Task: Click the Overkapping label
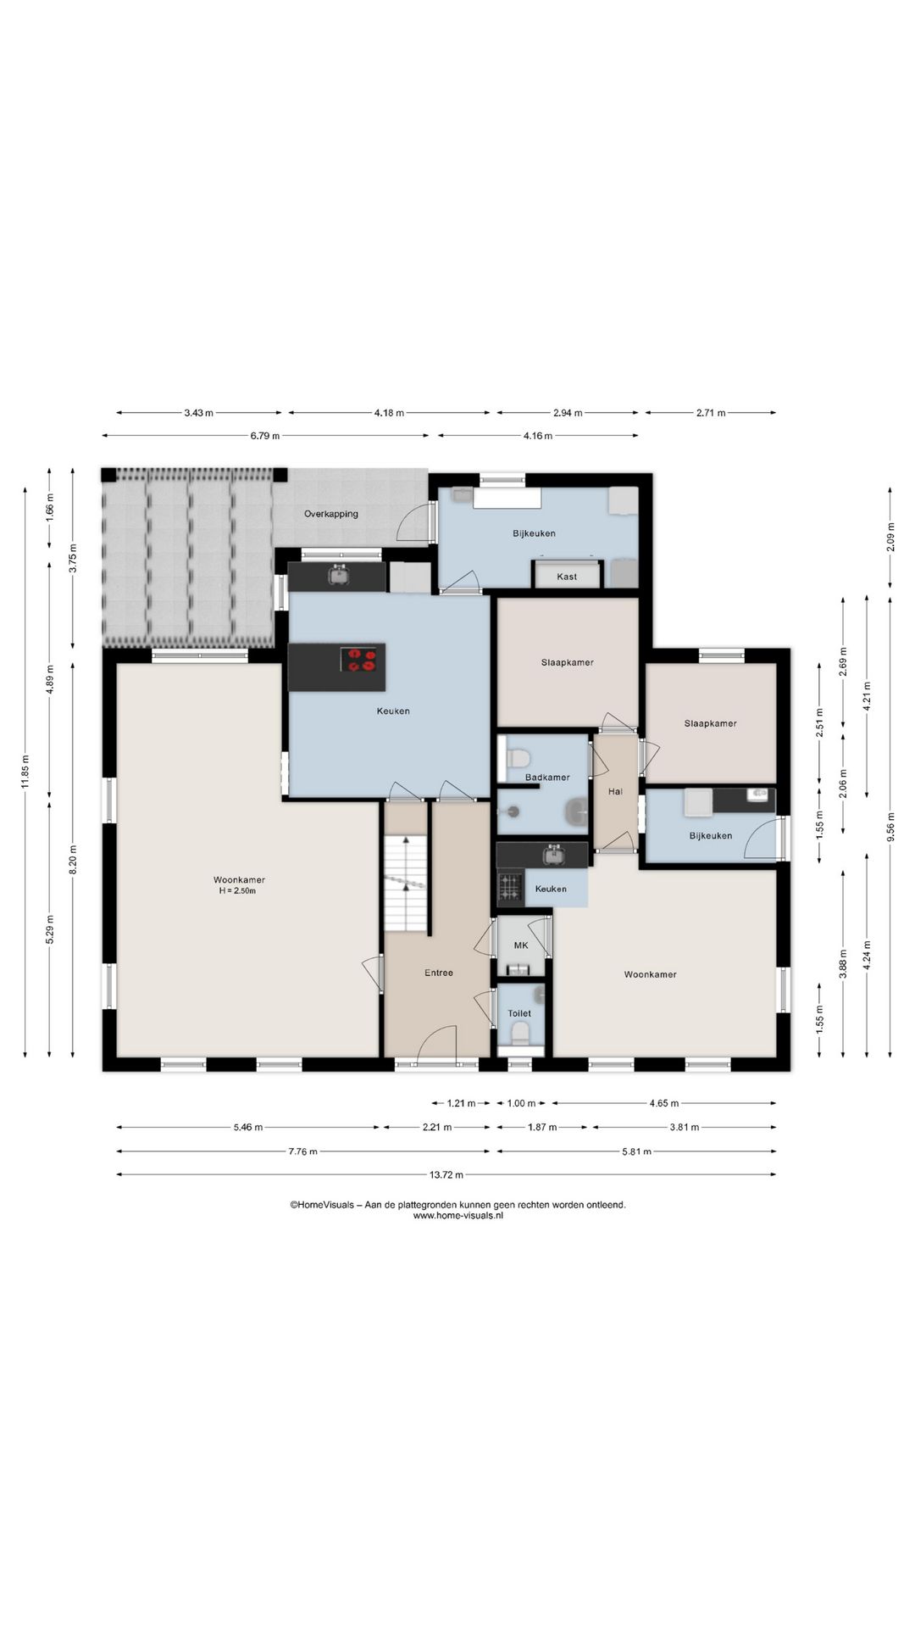[x=331, y=514]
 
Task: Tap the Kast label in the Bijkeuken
[x=567, y=577]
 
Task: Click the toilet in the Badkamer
[x=518, y=756]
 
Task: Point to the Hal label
[x=615, y=792]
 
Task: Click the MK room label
[x=521, y=945]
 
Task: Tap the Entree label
[x=439, y=973]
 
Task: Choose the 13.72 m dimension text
[x=446, y=1174]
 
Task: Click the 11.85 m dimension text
[x=25, y=772]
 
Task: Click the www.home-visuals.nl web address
[x=458, y=1215]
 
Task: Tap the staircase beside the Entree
[x=405, y=883]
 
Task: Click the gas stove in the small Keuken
[x=510, y=888]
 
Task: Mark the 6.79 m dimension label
[x=265, y=436]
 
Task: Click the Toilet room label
[x=519, y=1013]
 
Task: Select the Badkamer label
[x=547, y=778]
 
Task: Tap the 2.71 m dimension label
[x=711, y=413]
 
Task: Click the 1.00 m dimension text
[x=521, y=1103]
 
